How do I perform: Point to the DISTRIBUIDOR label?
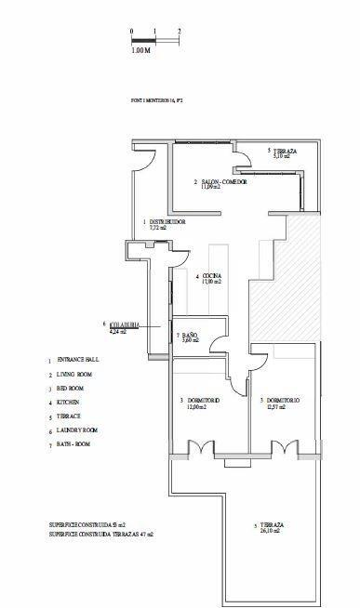168,221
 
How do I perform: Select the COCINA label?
210,277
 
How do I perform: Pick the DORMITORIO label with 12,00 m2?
201,402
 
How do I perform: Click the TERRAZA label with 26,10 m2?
269,526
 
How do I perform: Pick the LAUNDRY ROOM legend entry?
77,430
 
